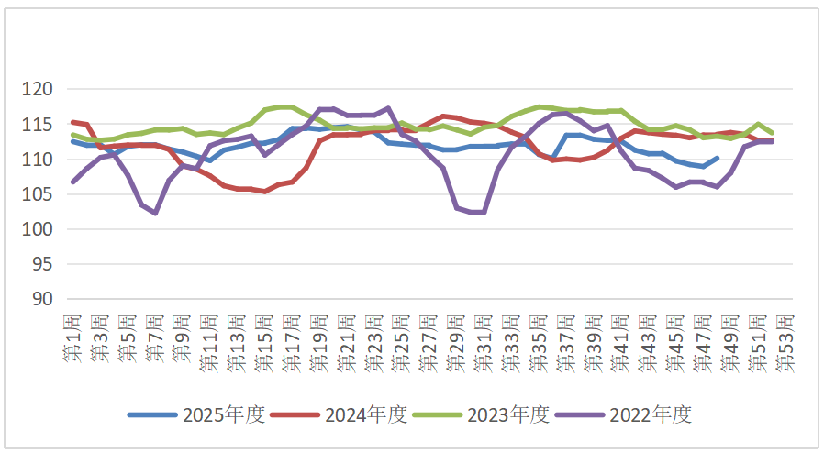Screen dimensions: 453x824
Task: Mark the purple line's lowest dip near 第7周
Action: (156, 213)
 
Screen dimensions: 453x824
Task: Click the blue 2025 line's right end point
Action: (717, 158)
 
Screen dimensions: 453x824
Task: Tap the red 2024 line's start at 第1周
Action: (73, 122)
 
